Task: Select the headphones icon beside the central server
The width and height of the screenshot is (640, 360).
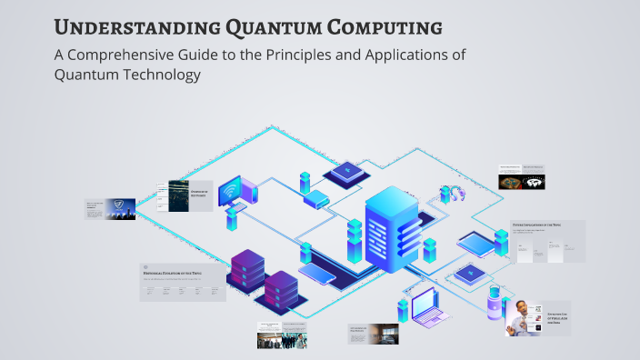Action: [x=451, y=194]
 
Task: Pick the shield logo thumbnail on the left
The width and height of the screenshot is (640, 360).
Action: [x=121, y=209]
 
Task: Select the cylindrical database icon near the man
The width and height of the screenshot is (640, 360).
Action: [x=494, y=305]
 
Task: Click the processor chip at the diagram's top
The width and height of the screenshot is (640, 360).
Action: [x=345, y=171]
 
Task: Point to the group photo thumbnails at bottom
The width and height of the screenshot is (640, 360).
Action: [x=282, y=340]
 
